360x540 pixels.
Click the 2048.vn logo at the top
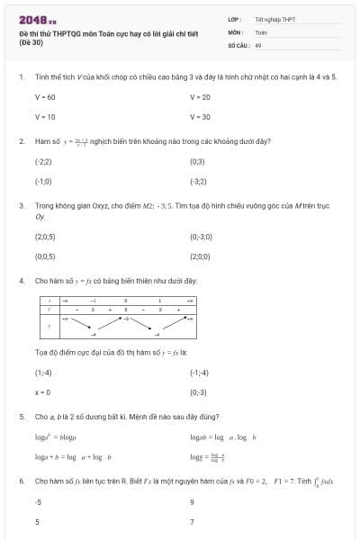38,19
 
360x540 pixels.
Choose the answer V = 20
200,97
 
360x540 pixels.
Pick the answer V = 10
45,117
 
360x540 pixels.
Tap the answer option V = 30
200,117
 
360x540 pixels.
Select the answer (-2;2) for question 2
43,162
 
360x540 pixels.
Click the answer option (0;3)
197,162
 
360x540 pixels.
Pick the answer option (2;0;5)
45,237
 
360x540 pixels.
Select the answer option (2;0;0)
200,256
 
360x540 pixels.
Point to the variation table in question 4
116,318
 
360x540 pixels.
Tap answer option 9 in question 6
193,502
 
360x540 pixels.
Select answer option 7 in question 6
193,522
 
